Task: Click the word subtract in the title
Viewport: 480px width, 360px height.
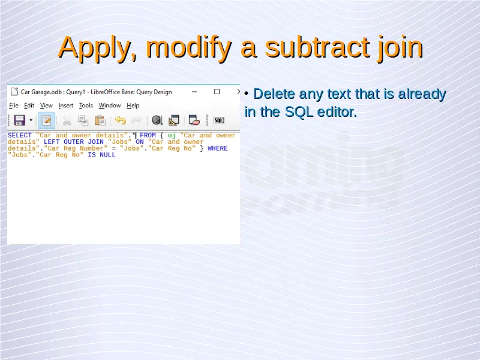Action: pos(317,47)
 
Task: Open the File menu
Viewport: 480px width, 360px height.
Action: pos(14,106)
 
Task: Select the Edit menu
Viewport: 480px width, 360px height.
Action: pos(29,106)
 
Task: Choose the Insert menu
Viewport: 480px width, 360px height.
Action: pos(66,106)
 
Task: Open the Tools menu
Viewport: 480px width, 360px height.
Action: pos(86,106)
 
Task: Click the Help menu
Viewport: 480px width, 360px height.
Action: pos(133,106)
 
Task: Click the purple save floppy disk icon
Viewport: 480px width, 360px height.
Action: pos(20,121)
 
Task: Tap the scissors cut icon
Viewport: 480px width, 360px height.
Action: pos(67,121)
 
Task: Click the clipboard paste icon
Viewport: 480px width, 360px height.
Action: pos(100,121)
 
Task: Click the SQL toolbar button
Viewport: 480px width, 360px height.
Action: pos(219,121)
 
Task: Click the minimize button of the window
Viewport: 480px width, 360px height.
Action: pos(194,92)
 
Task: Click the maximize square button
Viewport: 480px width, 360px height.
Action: pos(217,92)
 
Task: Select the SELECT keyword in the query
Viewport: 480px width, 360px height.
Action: pos(20,136)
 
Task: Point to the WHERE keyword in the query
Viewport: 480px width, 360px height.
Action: pos(218,148)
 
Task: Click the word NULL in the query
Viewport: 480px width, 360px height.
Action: pos(107,155)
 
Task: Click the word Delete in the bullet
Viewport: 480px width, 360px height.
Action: pos(274,94)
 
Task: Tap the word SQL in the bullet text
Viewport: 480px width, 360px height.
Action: pos(299,112)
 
